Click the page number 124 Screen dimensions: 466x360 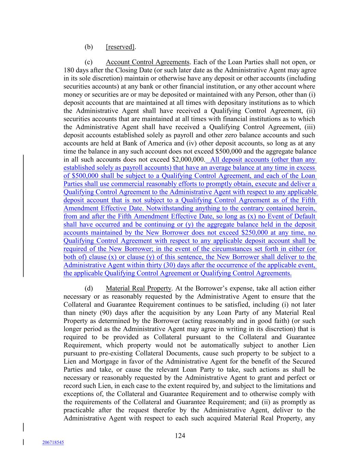tap(180, 435)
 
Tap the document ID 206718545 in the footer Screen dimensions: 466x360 tap(53, 442)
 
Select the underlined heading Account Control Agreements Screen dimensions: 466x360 tap(147, 62)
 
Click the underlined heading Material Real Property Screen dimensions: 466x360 tap(139, 288)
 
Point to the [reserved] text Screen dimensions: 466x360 tap(120, 47)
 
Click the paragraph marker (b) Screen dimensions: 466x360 tap(89, 47)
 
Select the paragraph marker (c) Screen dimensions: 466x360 tap(89, 62)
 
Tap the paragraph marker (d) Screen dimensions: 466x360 tap(89, 288)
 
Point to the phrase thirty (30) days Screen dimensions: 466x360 tap(188, 265)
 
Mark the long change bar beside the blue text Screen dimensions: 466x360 tap(24, 215)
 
